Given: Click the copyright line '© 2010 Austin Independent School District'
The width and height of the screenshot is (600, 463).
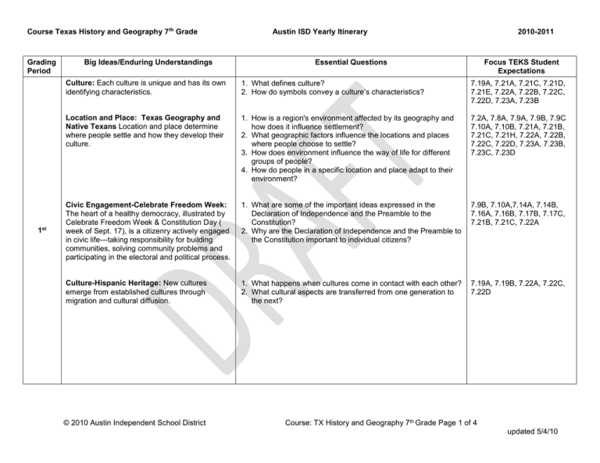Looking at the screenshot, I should coord(133,423).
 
